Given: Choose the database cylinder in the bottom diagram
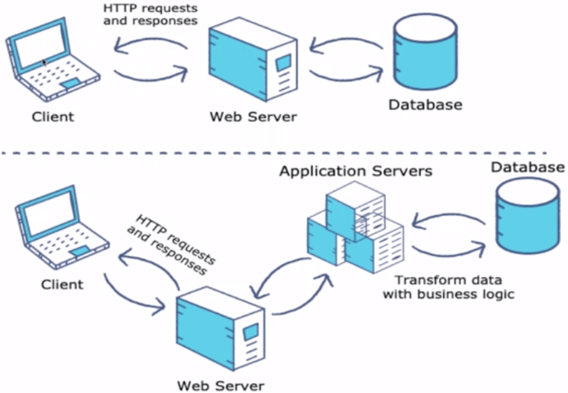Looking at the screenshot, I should click(528, 217).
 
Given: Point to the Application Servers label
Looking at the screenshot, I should click(355, 171).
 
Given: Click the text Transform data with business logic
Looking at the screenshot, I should click(448, 287).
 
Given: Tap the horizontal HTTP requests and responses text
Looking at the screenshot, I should click(150, 14).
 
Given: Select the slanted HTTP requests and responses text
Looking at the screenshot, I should click(171, 244).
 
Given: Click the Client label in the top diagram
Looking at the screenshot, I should click(53, 117).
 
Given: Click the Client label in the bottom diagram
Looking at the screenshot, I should click(62, 285).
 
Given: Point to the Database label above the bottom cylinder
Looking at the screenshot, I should click(528, 167).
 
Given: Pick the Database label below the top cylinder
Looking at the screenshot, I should click(425, 105).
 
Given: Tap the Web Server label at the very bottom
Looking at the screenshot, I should click(221, 385).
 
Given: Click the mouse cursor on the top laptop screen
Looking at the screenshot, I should click(44, 62).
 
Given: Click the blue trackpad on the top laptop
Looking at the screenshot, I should click(71, 83).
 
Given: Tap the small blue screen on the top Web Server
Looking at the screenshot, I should click(284, 63).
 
